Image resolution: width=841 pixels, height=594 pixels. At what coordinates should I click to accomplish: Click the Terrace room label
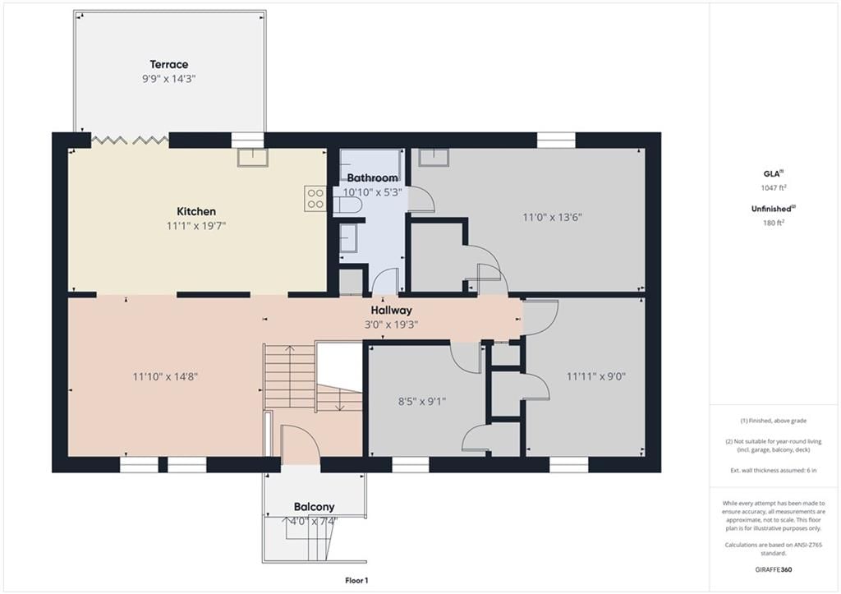[169, 64]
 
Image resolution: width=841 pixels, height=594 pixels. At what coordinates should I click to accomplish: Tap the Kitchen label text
[196, 211]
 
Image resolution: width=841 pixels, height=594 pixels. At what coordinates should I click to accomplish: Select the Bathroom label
[372, 177]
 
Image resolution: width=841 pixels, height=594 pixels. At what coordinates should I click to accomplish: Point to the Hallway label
[392, 311]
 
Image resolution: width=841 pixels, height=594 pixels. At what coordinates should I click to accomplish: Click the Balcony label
[315, 507]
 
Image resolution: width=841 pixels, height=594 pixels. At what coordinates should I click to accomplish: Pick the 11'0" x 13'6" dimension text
[553, 218]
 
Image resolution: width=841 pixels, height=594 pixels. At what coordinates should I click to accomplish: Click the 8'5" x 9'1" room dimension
[422, 402]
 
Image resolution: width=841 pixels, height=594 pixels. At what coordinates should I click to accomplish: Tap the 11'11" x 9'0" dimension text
[596, 376]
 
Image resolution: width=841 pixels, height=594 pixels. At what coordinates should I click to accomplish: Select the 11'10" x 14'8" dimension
[165, 376]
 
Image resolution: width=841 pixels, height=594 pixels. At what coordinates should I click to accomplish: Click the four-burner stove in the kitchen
[315, 198]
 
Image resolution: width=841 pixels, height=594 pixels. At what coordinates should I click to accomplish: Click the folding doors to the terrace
[130, 140]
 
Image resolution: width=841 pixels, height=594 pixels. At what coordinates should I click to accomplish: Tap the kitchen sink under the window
[253, 157]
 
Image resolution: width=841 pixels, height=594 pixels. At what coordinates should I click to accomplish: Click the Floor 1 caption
[356, 580]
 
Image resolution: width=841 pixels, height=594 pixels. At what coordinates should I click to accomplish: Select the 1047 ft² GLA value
[774, 188]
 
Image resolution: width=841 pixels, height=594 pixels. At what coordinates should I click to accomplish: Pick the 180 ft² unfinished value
[774, 223]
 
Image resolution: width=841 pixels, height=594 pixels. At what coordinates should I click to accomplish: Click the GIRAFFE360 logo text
[774, 569]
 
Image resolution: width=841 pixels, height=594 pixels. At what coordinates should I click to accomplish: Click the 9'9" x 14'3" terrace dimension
[169, 79]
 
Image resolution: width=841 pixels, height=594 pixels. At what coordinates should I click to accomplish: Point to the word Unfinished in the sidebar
[771, 209]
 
